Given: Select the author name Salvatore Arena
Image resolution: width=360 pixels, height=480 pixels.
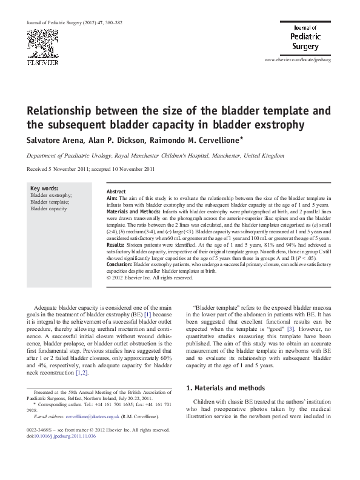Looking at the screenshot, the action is [x=51, y=140].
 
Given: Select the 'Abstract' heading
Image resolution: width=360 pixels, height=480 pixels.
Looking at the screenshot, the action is [x=116, y=192].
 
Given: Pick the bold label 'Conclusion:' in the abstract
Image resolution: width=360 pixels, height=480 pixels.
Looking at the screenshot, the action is [x=119, y=265].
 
